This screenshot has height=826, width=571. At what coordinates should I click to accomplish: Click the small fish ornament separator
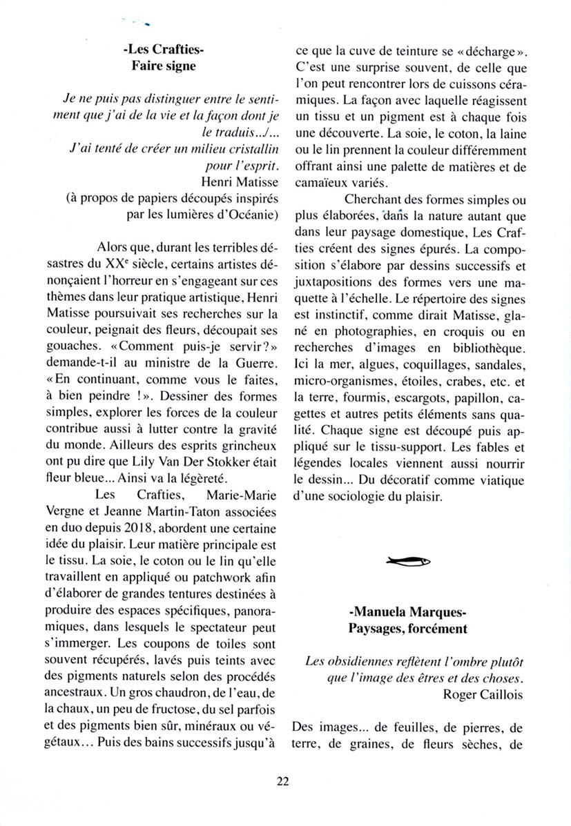(x=409, y=560)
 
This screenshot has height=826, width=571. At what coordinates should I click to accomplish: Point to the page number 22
(x=282, y=781)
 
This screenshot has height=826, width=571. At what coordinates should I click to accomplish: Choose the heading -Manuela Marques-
(x=409, y=611)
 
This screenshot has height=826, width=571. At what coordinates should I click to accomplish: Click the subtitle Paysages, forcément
(x=409, y=628)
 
